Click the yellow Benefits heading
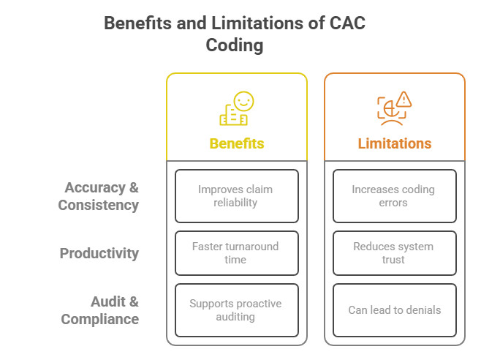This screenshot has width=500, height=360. click(236, 143)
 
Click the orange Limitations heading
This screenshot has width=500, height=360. click(394, 143)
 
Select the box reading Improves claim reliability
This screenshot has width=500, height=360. click(236, 196)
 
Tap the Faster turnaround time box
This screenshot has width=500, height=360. click(236, 253)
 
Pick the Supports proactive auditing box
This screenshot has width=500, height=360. click(236, 310)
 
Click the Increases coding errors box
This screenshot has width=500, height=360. click(394, 196)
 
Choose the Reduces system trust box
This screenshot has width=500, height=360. click(394, 253)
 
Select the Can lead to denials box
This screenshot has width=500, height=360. click(394, 310)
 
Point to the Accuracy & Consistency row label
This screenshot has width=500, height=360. click(99, 196)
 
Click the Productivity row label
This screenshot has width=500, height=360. click(99, 253)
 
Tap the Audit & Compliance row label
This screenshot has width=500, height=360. click(100, 310)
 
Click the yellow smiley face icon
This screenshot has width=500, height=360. click(243, 101)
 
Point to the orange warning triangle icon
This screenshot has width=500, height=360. click(404, 99)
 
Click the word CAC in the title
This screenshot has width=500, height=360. click(347, 23)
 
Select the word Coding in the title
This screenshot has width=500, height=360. click(234, 45)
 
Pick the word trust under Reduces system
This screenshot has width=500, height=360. click(394, 260)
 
